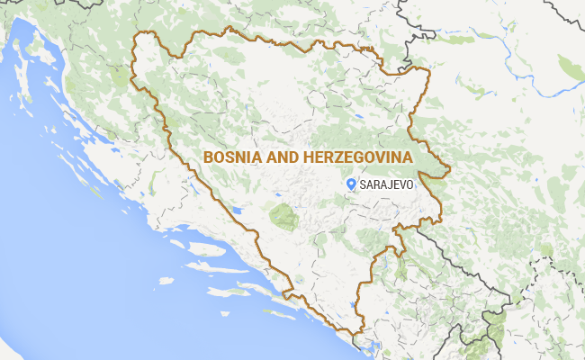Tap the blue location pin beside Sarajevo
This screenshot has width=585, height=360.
(351, 183)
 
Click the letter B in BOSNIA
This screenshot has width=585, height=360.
(209, 157)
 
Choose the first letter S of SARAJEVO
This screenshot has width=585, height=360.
(363, 184)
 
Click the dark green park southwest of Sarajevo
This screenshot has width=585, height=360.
(283, 216)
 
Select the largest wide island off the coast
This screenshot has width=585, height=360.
(202, 269)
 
